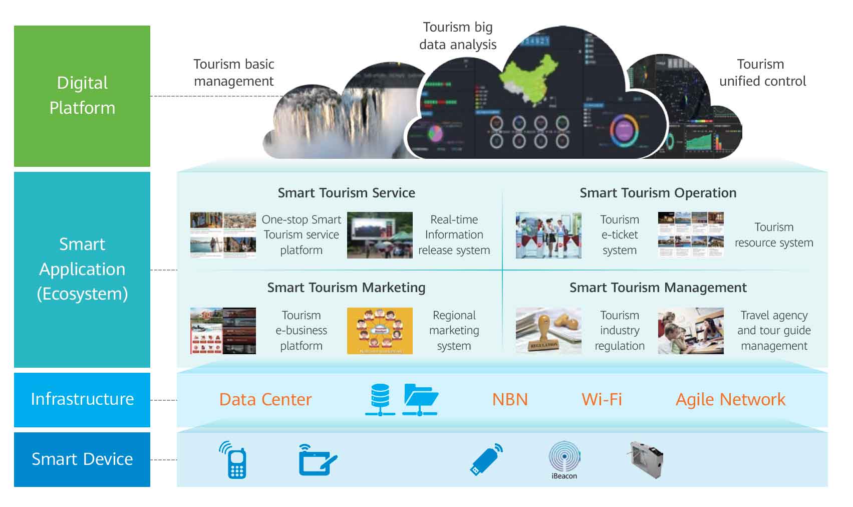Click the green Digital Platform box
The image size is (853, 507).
tap(82, 96)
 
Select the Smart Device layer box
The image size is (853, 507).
tap(82, 459)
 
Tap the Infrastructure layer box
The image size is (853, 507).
tap(82, 399)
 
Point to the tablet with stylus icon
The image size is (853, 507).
tap(317, 460)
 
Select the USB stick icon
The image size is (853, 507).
tap(486, 459)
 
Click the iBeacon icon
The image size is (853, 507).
tap(564, 457)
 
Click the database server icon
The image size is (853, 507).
tap(380, 399)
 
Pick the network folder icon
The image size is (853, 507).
tap(421, 399)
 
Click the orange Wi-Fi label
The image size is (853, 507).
tap(602, 399)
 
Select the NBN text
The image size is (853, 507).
tap(510, 399)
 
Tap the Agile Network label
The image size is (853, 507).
tap(730, 399)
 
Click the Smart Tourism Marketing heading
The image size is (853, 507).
tap(346, 288)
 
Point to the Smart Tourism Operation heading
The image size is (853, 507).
tap(658, 193)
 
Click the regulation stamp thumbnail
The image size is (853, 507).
tap(548, 331)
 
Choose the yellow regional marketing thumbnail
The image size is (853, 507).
tap(380, 331)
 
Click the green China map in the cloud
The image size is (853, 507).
tap(528, 80)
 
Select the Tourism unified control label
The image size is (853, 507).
tap(762, 73)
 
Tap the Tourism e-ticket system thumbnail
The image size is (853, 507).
tap(548, 235)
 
